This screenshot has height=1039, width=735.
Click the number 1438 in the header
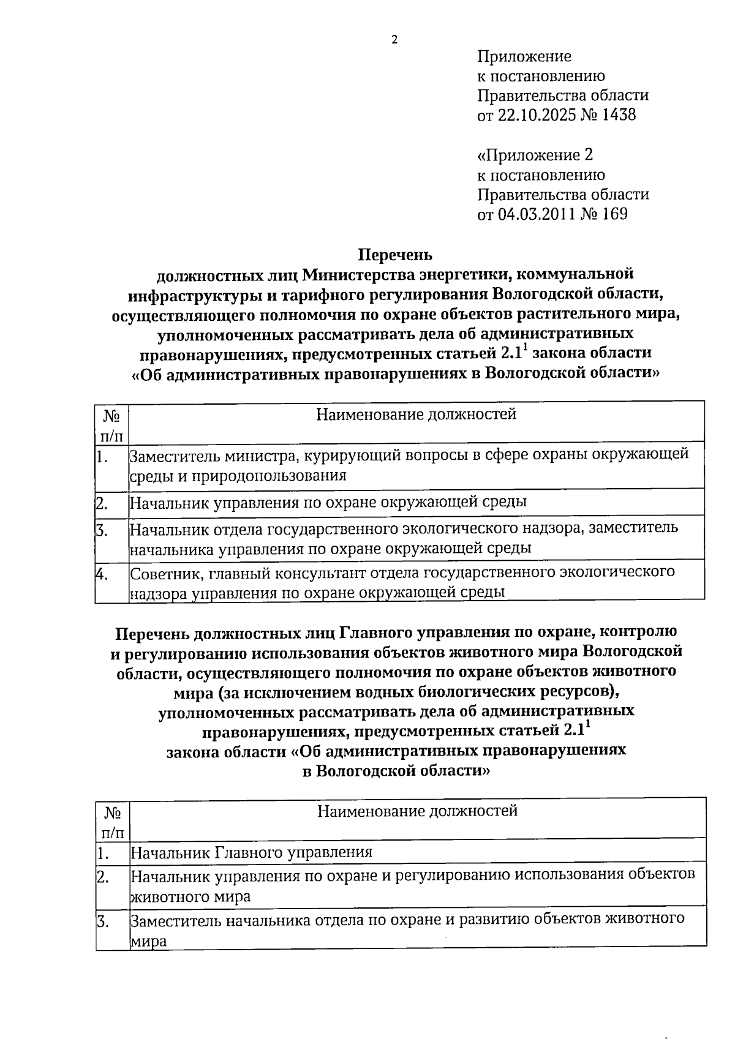619,114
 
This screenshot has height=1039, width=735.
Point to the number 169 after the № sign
614,214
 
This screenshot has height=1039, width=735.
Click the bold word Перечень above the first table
395,253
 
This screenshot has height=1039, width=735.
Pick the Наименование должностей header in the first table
416,414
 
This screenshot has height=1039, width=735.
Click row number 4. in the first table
102,574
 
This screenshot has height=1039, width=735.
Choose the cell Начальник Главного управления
252,852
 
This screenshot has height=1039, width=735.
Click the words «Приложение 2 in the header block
535,155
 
